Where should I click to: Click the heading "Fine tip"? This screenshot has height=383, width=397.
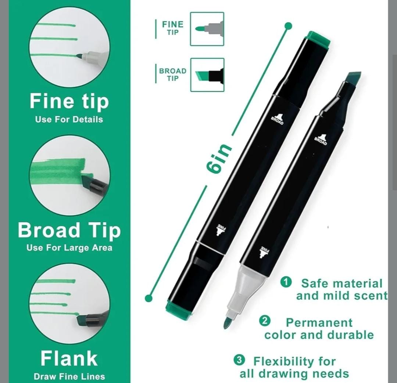pos(69,102)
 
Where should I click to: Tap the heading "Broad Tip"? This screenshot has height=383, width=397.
pos(69,231)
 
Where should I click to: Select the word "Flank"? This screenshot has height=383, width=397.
pos(69,358)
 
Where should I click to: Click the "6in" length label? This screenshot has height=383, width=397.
pos(218,159)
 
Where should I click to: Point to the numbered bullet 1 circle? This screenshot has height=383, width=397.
pos(286,282)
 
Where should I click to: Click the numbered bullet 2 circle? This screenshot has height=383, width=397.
pos(265,321)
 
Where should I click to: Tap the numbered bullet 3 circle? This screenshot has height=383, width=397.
pos(239,360)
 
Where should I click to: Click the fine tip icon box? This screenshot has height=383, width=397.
pos(207,29)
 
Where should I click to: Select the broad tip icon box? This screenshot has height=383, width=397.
pos(207,75)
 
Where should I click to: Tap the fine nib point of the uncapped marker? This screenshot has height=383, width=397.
pos(226,324)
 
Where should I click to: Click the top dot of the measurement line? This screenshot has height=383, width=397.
pos(289,26)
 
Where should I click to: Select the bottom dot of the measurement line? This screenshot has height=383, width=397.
pos(149,298)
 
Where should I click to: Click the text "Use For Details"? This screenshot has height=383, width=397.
pos(69,119)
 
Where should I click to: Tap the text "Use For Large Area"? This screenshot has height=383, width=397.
pos(69,247)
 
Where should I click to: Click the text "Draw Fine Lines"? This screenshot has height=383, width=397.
pos(69,376)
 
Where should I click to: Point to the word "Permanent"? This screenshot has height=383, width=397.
pos(319,323)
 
